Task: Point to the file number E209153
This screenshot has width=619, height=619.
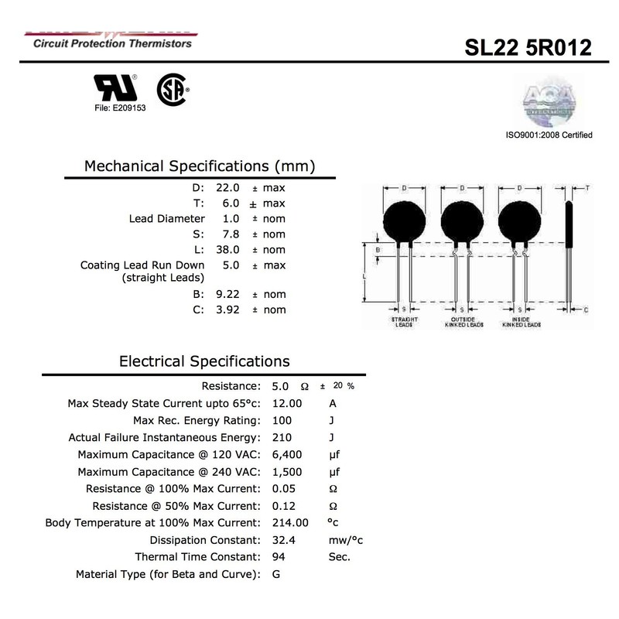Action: [115, 108]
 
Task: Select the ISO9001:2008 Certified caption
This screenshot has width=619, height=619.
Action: [549, 135]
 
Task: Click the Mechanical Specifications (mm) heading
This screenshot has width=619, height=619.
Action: [199, 166]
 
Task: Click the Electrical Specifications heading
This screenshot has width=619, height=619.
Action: [204, 361]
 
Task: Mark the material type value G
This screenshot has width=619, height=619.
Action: [276, 575]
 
